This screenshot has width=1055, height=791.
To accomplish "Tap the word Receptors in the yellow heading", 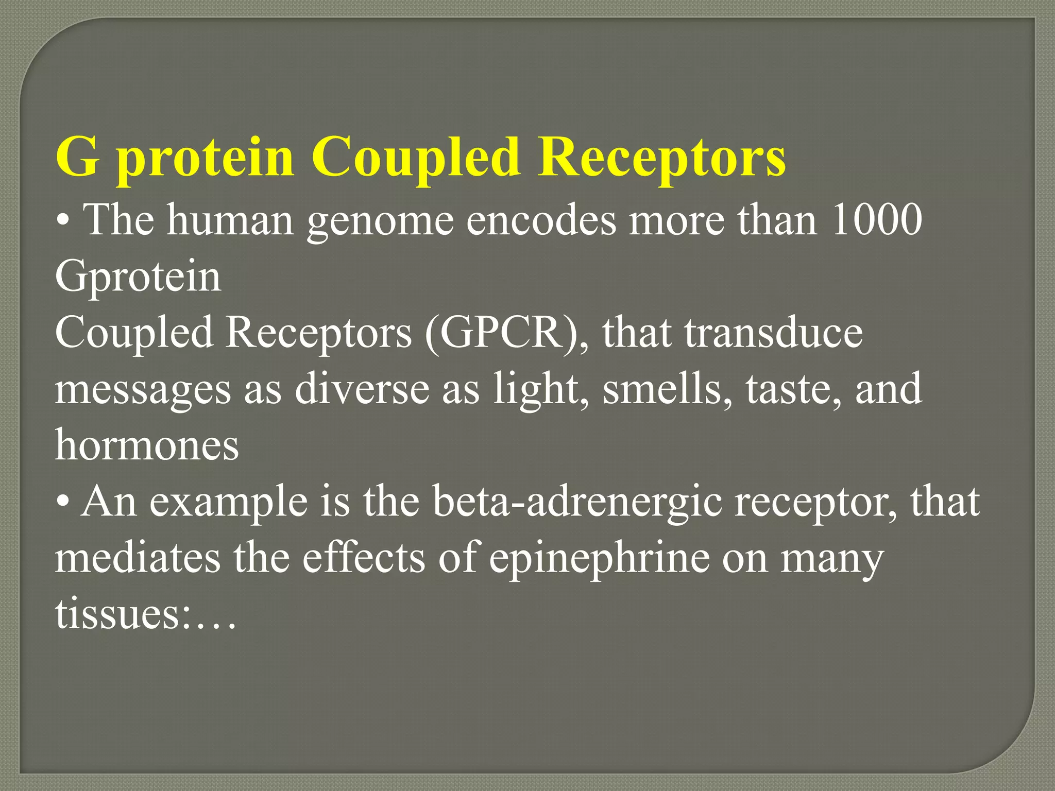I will [x=661, y=157].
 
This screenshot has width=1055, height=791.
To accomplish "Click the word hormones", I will [x=147, y=445].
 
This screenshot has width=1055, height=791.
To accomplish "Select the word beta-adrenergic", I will [x=577, y=503].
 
